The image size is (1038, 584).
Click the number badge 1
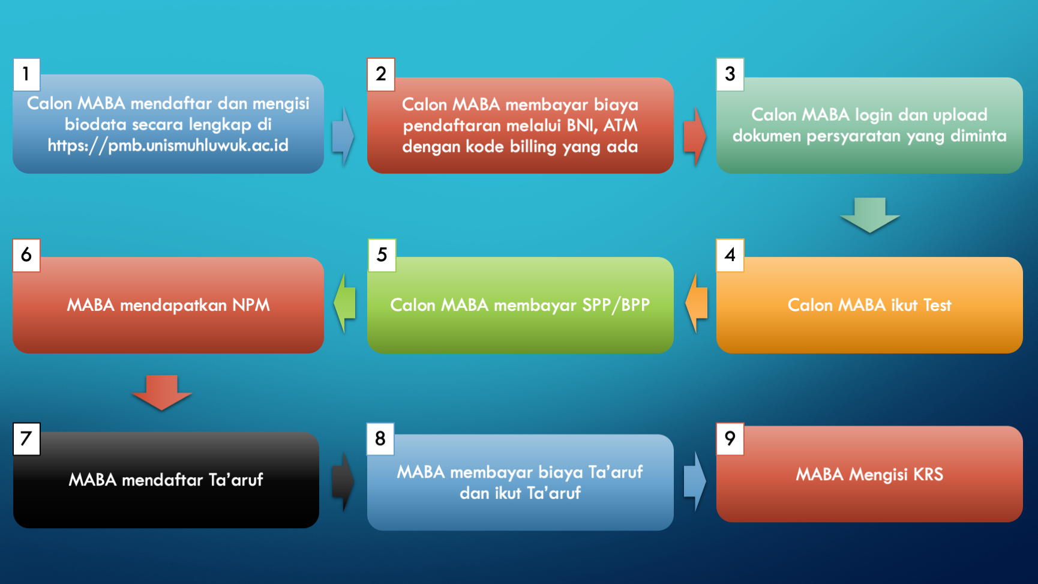(x=26, y=74)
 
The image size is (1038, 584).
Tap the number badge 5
(x=382, y=255)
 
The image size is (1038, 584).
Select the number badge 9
(x=730, y=439)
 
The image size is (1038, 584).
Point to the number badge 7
(x=26, y=439)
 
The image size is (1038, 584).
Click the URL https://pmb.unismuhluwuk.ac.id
(x=168, y=146)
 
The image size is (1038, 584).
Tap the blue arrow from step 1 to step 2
(x=343, y=136)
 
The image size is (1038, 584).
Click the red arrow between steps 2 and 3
(x=695, y=136)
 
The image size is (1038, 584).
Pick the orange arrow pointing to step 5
(x=696, y=303)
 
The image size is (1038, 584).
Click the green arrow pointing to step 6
(x=344, y=303)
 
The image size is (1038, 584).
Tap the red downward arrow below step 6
(x=161, y=393)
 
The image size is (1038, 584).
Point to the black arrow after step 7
(x=343, y=481)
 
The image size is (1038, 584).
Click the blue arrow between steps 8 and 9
(x=695, y=481)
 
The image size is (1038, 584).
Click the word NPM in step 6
(x=251, y=305)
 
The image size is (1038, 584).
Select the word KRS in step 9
(x=928, y=474)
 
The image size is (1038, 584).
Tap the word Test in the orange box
(x=937, y=305)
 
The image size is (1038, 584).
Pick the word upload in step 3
(x=960, y=115)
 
